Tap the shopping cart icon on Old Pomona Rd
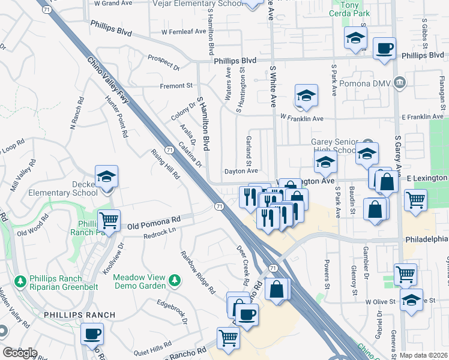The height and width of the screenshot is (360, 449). tap(109, 221)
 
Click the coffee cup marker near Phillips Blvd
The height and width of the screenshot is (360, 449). tap(384, 49)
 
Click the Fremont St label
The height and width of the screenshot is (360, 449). tap(176, 86)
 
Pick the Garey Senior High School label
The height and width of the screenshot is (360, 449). tap(334, 146)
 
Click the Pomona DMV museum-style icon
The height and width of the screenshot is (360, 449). tap(400, 82)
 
